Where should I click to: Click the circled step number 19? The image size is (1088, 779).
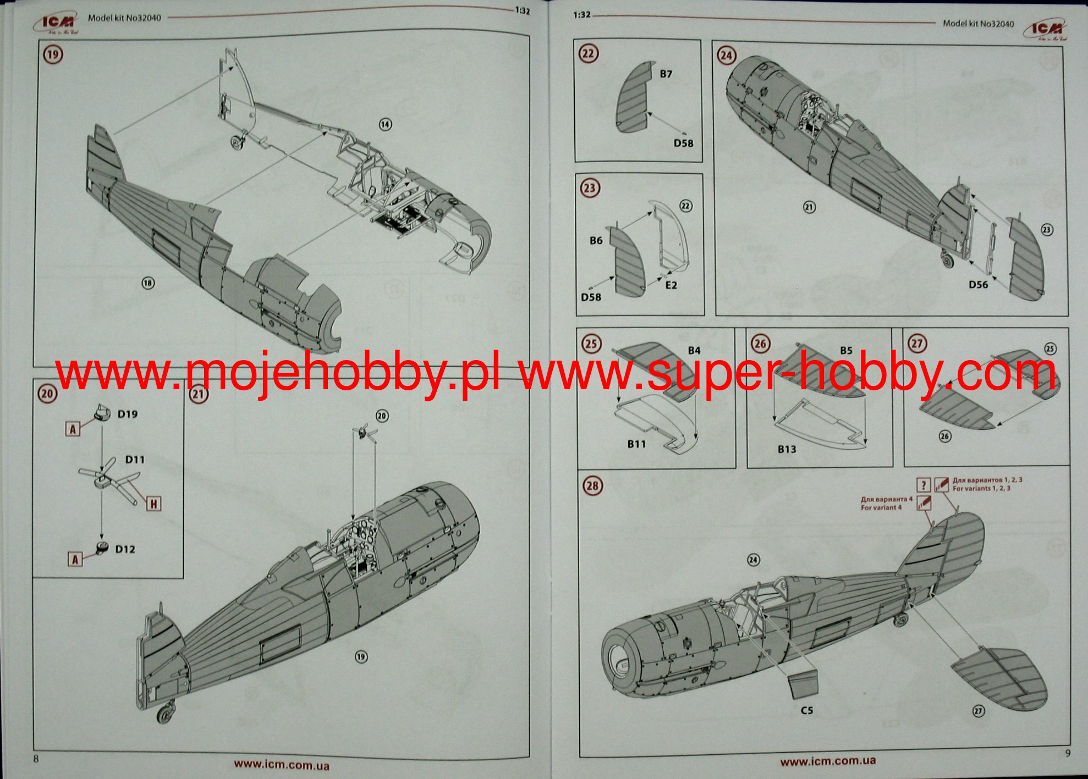53,54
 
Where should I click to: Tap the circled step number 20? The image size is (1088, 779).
47,394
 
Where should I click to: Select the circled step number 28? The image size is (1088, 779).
592,485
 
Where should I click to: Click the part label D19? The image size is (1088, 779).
128,414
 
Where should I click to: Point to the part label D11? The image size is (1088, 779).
135,459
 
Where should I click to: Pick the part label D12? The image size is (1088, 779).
125,549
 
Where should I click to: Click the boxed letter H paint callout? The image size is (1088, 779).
153,503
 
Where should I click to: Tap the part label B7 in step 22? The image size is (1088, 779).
666,74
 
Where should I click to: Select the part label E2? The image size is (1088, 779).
671,285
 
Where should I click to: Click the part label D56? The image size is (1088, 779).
978,284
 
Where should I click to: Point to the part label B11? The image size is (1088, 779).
636,444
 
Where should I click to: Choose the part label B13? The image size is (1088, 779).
787,449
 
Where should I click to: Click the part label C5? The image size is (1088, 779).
806,710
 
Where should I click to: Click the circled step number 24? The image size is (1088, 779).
727,56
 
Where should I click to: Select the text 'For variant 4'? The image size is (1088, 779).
881,507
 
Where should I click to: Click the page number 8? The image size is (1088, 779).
36,759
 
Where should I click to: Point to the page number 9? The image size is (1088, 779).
1068,753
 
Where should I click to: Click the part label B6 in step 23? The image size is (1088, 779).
596,240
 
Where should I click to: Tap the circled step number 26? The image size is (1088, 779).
760,344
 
